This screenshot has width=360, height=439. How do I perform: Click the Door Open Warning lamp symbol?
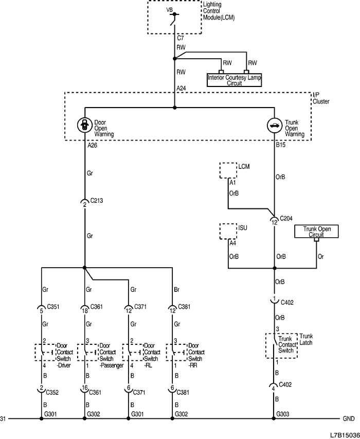[84, 125]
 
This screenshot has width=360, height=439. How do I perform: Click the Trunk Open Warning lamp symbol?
[274, 125]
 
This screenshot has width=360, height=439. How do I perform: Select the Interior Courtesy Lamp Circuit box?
[234, 80]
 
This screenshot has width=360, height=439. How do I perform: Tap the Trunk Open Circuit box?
[316, 232]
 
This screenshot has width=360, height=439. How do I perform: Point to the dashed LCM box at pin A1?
[228, 170]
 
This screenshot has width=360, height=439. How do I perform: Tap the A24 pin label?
[181, 89]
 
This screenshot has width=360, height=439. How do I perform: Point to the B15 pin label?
[280, 146]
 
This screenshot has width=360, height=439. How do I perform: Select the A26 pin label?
[92, 146]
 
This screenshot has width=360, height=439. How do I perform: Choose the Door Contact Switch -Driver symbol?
[43, 352]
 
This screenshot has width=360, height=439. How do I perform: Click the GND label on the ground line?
[349, 419]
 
